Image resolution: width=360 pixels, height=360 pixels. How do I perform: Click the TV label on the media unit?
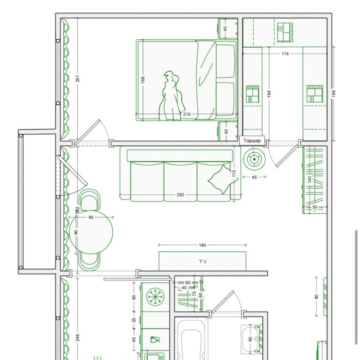click(x=203, y=261)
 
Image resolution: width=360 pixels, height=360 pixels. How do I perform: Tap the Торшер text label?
click(x=252, y=140)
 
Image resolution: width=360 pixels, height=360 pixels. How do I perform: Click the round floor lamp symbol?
click(x=255, y=159)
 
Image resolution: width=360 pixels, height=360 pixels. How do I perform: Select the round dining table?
click(x=91, y=232)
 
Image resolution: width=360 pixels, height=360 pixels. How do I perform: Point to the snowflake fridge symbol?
click(x=155, y=297)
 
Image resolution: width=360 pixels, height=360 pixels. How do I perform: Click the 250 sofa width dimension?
click(x=180, y=195)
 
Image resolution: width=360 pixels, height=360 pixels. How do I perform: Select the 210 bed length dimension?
click(x=187, y=114)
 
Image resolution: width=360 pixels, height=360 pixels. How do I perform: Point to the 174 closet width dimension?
click(x=285, y=54)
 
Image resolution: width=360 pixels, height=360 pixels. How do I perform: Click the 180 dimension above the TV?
click(x=202, y=245)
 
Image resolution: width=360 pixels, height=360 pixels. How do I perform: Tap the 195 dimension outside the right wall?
click(x=334, y=93)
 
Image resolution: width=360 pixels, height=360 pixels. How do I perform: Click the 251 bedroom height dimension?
click(x=78, y=78)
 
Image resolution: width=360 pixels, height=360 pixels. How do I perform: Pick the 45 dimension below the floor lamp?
click(x=254, y=177)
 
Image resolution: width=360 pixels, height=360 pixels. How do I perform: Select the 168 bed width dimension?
click(x=143, y=80)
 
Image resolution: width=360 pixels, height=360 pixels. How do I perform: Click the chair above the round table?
click(x=90, y=199)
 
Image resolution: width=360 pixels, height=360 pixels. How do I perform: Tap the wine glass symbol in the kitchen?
click(x=155, y=339)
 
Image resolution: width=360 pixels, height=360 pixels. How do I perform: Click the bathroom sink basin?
click(x=250, y=339)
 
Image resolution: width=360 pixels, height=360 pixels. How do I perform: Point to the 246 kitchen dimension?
click(x=78, y=337)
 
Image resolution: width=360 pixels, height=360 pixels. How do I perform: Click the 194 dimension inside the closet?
click(x=269, y=94)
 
